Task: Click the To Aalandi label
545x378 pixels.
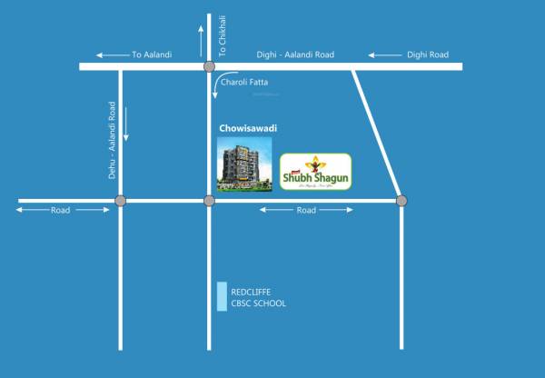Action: [152, 55]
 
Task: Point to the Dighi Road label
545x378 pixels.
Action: [427, 55]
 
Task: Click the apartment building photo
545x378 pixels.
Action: [244, 164]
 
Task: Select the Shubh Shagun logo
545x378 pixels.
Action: [315, 170]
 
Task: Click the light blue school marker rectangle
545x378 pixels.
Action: [222, 297]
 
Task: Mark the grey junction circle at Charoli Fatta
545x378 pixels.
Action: [209, 66]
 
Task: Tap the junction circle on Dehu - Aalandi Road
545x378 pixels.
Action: [120, 201]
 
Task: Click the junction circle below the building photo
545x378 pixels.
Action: [209, 201]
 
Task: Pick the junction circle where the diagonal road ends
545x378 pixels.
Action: [401, 200]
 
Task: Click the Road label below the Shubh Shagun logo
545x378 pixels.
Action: [306, 210]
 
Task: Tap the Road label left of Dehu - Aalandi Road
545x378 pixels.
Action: [61, 210]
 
